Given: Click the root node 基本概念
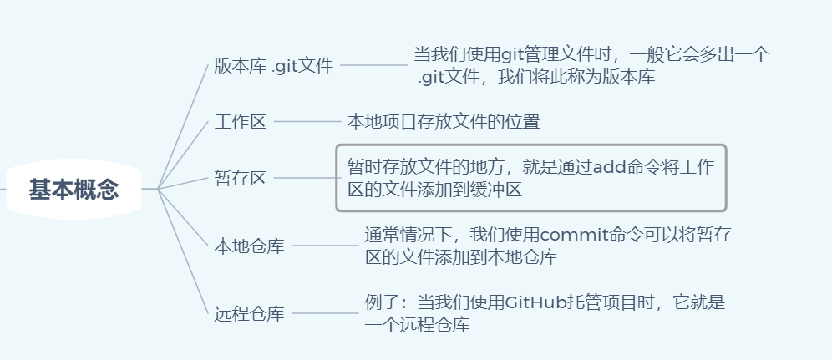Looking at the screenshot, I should point(74,190).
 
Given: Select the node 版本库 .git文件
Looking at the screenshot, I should point(273,66).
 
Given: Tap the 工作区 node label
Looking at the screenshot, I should point(240,122).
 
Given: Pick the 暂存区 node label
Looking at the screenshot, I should point(240,178).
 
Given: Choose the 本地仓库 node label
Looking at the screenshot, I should point(249,246).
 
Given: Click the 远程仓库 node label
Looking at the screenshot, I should point(249,314).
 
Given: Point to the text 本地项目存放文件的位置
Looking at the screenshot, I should point(444,122).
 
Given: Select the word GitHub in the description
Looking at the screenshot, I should point(536,302).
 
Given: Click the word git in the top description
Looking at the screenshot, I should point(512,55).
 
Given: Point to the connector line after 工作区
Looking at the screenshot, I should point(307,122).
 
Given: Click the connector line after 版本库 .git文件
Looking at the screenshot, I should point(373,65).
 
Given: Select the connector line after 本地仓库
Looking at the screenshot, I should point(324,246).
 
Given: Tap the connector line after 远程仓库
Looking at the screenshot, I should point(324,313).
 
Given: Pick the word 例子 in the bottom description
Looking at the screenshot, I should point(382,302).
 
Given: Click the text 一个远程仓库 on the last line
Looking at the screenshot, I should point(417,325).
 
